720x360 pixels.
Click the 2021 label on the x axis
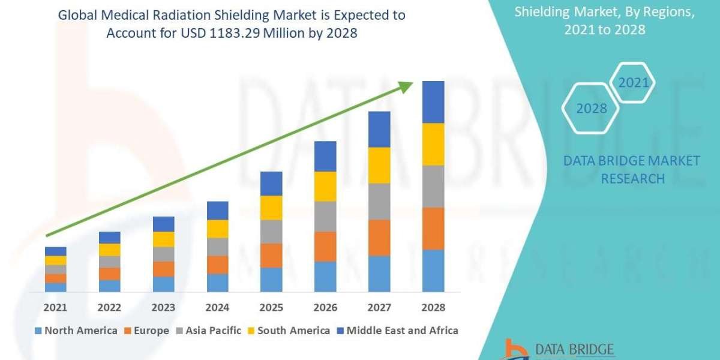[x=55, y=307]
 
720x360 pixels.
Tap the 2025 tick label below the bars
[x=271, y=307]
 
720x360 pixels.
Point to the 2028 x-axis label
[x=433, y=307]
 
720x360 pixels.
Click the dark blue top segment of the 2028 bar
[x=433, y=102]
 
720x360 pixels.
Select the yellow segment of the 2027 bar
[x=379, y=165]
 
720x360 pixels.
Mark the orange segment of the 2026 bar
[x=325, y=246]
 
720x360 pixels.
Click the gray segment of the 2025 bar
[x=271, y=232]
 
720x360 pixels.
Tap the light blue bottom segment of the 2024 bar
[x=217, y=283]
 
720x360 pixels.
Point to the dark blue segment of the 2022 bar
[x=109, y=238]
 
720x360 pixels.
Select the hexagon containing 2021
[x=633, y=83]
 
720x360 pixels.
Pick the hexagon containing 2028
[x=590, y=109]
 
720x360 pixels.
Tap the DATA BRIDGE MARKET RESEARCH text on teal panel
[x=632, y=170]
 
